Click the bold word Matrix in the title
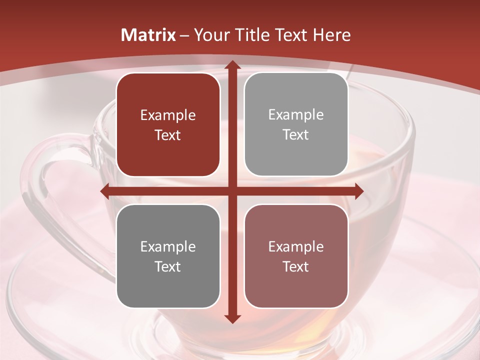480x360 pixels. (148, 35)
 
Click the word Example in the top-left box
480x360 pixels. (168, 115)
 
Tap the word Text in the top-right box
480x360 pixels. (296, 135)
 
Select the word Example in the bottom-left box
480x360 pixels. (168, 247)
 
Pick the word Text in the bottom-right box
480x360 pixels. (296, 266)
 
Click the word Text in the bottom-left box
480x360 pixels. (168, 266)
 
